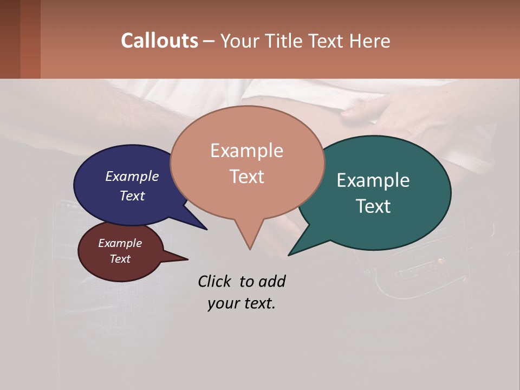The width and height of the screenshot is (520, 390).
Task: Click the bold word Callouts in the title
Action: [x=159, y=41]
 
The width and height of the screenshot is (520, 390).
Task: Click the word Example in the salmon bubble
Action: [x=247, y=151]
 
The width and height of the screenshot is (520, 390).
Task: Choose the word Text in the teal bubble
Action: [x=373, y=206]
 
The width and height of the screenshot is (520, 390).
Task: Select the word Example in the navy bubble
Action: [x=132, y=176]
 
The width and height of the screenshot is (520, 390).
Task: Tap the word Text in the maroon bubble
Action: [x=120, y=259]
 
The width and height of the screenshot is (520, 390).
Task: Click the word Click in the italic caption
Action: [x=215, y=281]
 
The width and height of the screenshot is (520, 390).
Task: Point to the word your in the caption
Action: [x=223, y=303]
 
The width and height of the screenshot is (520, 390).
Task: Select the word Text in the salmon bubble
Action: [x=247, y=177]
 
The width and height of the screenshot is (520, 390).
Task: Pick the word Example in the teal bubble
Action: [x=373, y=180]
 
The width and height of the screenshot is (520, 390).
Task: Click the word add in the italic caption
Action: [x=272, y=281]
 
